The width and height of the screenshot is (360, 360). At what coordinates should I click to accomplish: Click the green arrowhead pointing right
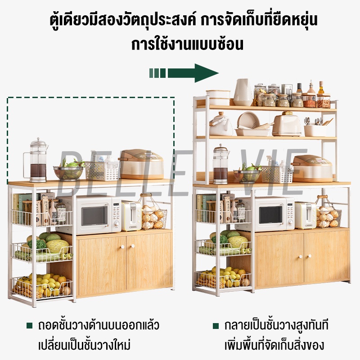(x=206, y=73)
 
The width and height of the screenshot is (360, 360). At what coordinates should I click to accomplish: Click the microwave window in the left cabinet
(x=94, y=216)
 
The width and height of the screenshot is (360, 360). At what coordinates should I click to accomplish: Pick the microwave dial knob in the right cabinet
(x=290, y=222)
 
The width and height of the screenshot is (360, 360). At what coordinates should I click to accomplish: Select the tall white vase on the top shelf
(x=243, y=92)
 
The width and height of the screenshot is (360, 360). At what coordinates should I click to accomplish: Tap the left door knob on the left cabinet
(x=122, y=247)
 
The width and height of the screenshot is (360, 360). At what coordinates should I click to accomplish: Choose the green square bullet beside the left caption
(x=29, y=325)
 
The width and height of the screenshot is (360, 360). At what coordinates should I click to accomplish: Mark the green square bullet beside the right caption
(x=216, y=326)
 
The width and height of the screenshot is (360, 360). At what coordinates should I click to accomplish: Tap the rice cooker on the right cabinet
(x=312, y=168)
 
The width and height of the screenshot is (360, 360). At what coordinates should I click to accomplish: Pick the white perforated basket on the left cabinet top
(x=102, y=171)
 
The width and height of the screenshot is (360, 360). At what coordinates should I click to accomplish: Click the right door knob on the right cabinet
(x=310, y=256)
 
